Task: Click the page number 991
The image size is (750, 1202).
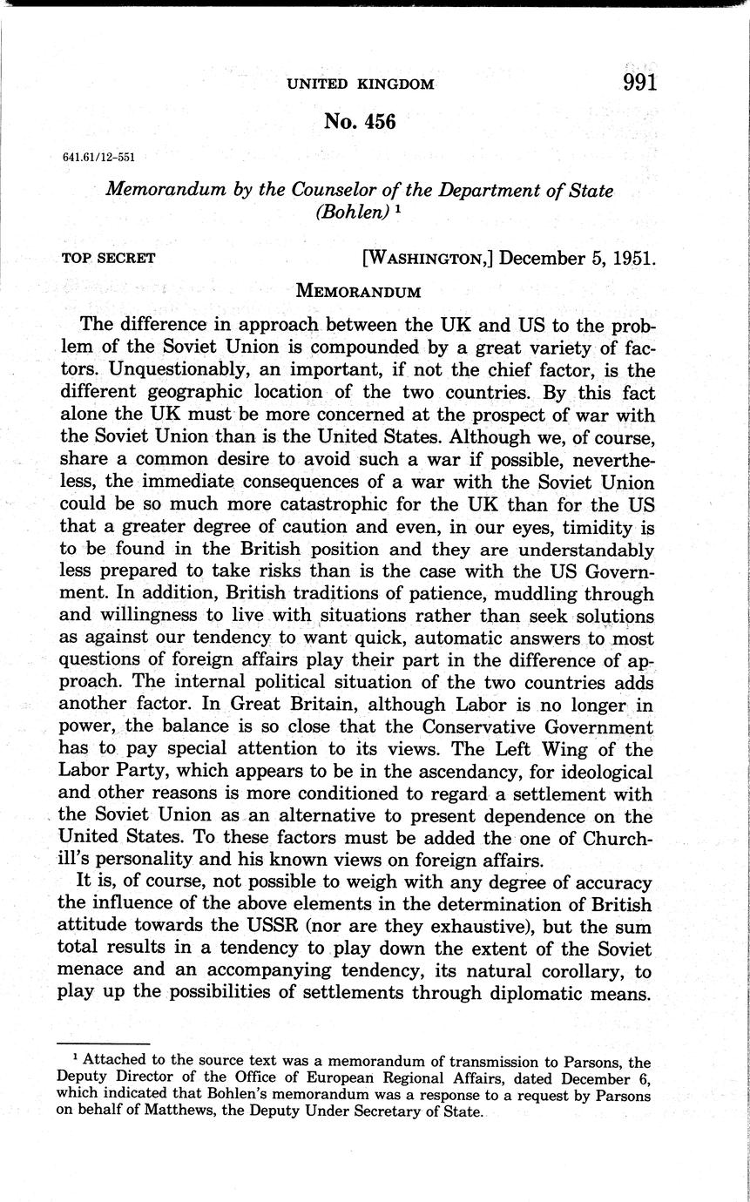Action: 639,83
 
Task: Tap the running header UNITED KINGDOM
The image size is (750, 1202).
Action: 361,84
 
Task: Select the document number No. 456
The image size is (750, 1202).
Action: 360,122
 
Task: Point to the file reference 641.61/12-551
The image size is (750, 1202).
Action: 98,158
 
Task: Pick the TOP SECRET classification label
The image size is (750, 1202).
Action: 109,258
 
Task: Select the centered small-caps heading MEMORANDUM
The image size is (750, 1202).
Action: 359,289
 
